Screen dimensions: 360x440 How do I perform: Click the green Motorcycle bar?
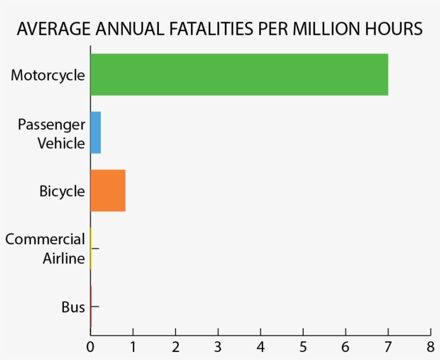pyautogui.click(x=239, y=75)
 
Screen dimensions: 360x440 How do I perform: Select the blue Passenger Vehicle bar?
pyautogui.click(x=96, y=133)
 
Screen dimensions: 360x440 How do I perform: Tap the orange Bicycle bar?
pyautogui.click(x=108, y=190)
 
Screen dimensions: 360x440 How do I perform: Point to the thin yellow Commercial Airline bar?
pyautogui.click(x=91, y=248)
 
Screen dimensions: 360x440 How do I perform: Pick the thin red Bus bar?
pyautogui.click(x=91, y=306)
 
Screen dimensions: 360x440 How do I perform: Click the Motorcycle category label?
pyautogui.click(x=48, y=75)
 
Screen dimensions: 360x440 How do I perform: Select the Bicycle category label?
pyautogui.click(x=62, y=191)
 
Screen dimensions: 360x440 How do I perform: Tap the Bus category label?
pyautogui.click(x=74, y=307)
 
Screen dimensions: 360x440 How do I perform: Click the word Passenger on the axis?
pyautogui.click(x=52, y=125)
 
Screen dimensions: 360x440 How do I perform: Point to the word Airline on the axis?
pyautogui.click(x=64, y=259)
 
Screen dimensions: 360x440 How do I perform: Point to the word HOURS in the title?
pyautogui.click(x=397, y=29)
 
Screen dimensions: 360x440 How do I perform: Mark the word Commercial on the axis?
pyautogui.click(x=45, y=239)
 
